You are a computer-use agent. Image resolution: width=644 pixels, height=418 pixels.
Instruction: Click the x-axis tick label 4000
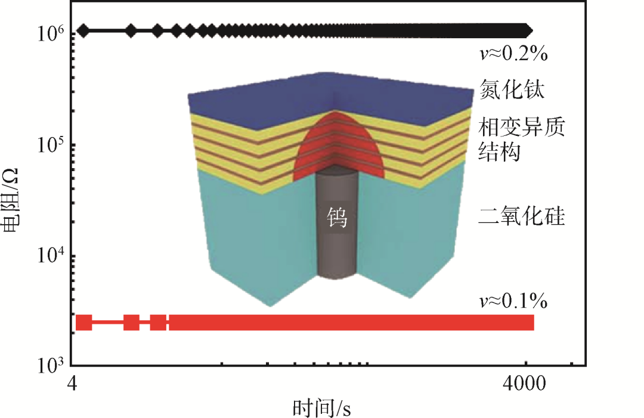525,383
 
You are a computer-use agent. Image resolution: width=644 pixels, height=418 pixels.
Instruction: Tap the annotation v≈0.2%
513,54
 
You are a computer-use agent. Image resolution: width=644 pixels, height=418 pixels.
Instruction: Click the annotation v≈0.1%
513,301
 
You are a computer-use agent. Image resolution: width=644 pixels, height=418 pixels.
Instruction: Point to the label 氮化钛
513,91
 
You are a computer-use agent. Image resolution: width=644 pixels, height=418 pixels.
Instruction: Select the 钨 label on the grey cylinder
338,219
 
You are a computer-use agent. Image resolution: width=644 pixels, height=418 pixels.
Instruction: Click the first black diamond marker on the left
83,30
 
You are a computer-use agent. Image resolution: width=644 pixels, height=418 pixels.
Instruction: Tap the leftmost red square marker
84,323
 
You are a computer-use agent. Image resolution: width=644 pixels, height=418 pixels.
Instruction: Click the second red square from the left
131,323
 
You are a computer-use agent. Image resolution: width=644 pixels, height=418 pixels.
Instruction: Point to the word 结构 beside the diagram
501,153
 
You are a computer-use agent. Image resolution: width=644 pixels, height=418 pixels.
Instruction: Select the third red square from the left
158,323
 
